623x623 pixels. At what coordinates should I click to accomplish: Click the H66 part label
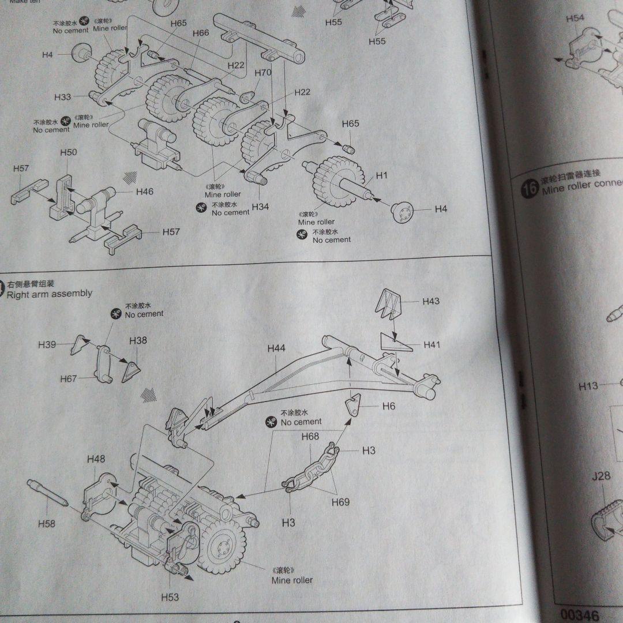(201, 33)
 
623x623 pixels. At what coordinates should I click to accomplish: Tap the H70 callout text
(262, 73)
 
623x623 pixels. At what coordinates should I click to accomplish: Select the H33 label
(63, 96)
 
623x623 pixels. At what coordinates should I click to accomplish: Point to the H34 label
(260, 207)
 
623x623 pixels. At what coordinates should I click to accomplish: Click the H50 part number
(68, 152)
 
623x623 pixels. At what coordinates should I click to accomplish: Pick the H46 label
(145, 192)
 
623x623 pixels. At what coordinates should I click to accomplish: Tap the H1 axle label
(382, 175)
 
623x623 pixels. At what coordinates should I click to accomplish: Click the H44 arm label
(276, 348)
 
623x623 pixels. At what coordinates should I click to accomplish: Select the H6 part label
(389, 406)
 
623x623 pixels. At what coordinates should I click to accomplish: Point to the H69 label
(340, 502)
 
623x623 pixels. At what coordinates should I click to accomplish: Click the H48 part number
(96, 459)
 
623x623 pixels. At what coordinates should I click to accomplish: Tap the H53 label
(170, 597)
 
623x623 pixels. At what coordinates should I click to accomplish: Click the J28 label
(601, 476)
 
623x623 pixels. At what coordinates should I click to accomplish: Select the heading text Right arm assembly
(50, 294)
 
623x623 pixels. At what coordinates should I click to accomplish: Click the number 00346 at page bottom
(579, 616)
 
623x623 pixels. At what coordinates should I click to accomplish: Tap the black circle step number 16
(530, 187)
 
